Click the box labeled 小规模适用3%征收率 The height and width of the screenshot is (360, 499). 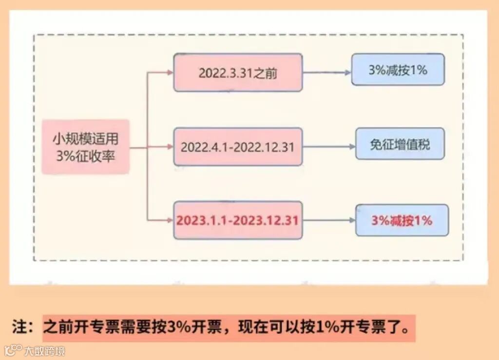[x=85, y=147]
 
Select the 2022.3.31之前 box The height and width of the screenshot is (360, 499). [x=238, y=73]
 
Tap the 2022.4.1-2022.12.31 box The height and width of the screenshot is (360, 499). [x=238, y=147]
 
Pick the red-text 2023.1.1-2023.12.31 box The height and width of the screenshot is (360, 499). [x=238, y=220]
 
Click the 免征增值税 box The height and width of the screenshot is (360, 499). [x=400, y=144]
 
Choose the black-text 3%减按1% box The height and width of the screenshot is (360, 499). [x=398, y=70]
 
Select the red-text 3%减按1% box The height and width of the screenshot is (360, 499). [x=402, y=220]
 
